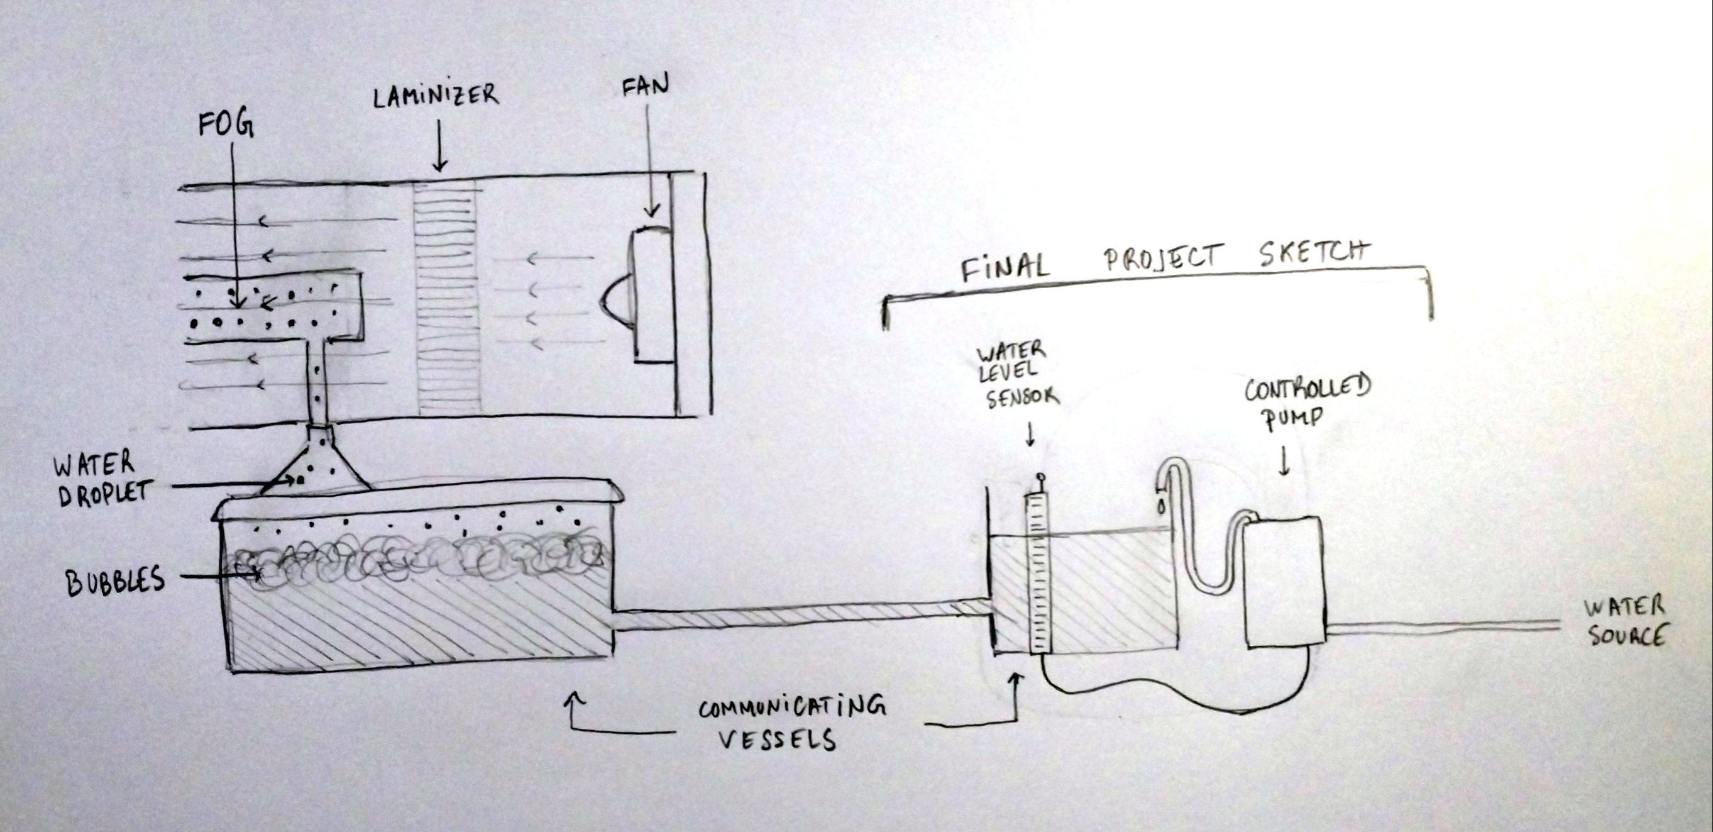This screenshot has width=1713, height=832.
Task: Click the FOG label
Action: click(x=226, y=126)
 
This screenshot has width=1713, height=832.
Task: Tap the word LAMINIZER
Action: click(x=435, y=97)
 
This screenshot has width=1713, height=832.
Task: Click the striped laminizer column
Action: click(x=446, y=296)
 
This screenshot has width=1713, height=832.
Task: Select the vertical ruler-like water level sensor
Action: click(x=1038, y=572)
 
